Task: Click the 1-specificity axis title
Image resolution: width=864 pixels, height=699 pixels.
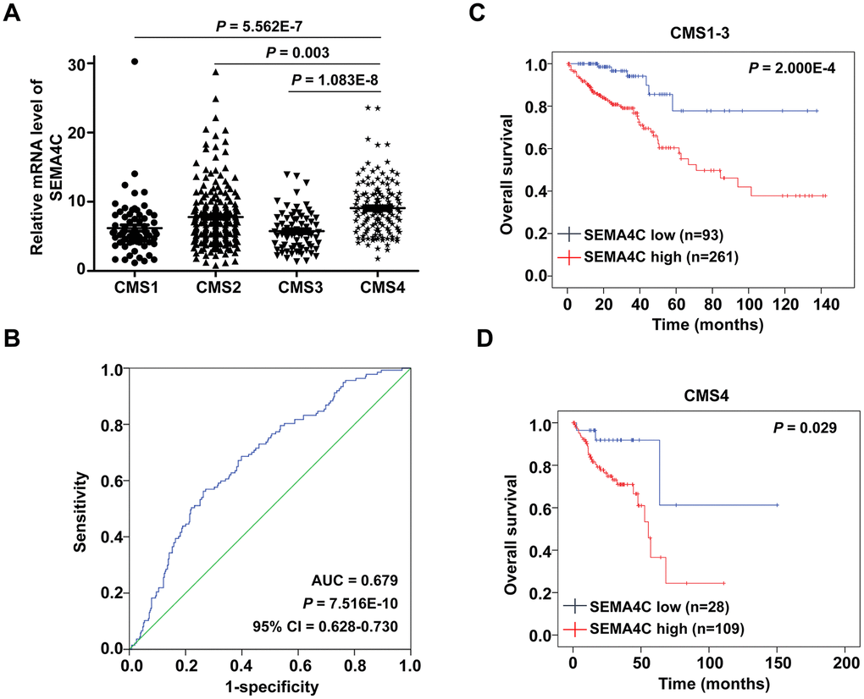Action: point(270,686)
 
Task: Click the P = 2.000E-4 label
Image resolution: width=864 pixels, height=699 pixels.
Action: point(791,68)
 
